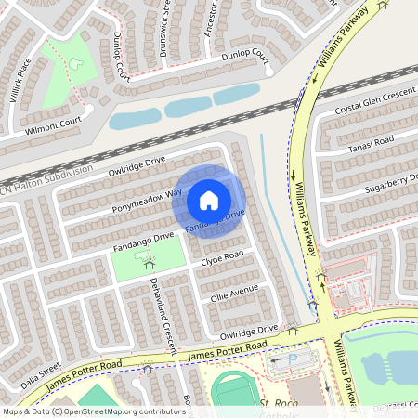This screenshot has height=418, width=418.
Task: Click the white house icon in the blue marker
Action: (209, 200)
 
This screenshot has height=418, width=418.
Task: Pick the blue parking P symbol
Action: (294, 359)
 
